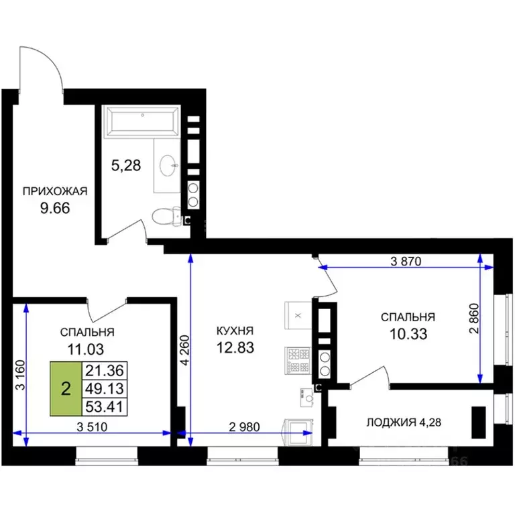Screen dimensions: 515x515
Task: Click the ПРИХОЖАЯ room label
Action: point(55,191)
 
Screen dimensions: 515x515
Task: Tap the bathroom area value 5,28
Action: point(126,165)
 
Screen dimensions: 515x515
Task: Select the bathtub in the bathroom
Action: point(142,122)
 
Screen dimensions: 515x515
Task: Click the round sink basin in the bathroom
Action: point(169,166)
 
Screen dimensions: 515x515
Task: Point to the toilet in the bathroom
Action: point(166,217)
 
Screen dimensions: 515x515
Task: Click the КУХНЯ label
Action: point(235,331)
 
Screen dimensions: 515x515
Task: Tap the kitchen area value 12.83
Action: point(235,347)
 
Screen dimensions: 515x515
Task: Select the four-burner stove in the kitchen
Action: point(298,361)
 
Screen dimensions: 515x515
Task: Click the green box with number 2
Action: point(66,389)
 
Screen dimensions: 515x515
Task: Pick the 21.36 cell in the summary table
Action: point(105,371)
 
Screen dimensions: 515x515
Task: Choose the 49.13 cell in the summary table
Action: point(105,389)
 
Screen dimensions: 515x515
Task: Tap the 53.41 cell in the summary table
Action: point(105,407)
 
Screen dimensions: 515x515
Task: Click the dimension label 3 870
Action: point(406,262)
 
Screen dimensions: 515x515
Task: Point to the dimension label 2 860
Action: point(474,319)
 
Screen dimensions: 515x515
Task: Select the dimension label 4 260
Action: point(186,350)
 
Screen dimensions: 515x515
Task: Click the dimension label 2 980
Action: point(244,427)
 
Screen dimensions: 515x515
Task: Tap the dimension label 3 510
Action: point(92,427)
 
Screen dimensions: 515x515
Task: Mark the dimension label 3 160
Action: point(21,375)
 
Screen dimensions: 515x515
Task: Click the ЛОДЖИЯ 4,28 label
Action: point(404,422)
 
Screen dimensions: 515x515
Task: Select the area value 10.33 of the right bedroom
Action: point(408,334)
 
